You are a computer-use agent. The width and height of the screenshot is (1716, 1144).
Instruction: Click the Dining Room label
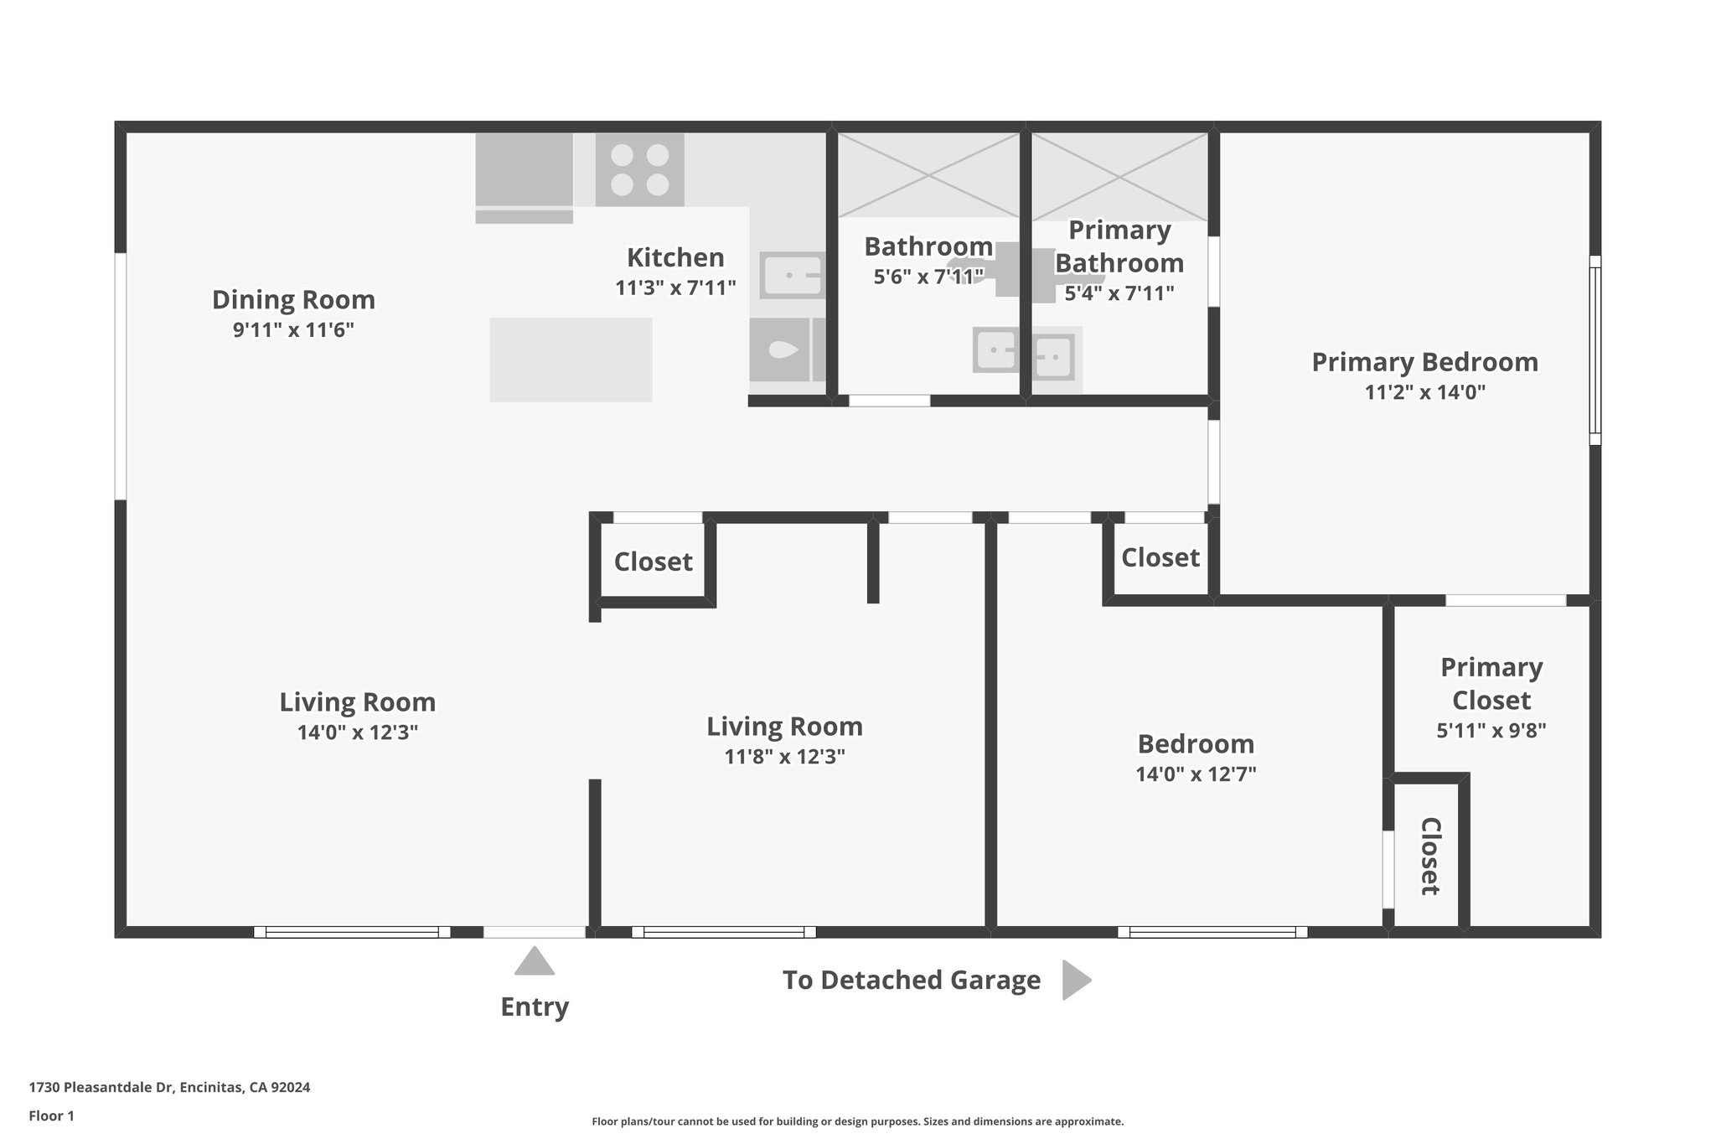point(293,299)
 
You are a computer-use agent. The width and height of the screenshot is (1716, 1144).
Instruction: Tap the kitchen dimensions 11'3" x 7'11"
point(675,288)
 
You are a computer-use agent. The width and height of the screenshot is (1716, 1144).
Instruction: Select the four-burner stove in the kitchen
point(639,169)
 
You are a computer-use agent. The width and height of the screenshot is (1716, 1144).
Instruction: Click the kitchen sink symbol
point(791,275)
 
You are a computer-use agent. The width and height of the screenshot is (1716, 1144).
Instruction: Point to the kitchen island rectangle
point(571,360)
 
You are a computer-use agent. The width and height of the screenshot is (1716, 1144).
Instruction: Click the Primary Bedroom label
point(1424,362)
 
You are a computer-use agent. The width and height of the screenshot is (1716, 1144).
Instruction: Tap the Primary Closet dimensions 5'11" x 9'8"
point(1491,730)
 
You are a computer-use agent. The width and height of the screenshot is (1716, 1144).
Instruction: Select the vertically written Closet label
point(1430,856)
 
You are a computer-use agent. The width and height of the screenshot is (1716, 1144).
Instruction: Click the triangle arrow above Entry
point(534,962)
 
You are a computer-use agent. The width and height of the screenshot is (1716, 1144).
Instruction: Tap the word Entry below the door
point(535,1007)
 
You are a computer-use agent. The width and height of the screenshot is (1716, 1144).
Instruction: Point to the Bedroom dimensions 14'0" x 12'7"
point(1196,774)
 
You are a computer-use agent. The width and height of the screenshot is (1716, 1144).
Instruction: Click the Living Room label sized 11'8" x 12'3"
point(784,726)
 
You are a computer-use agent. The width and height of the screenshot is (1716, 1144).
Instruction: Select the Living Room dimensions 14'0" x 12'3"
point(357,732)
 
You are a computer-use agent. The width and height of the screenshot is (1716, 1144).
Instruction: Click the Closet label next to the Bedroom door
point(1160,557)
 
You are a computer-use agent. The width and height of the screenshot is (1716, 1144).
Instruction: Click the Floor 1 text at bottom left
point(52,1116)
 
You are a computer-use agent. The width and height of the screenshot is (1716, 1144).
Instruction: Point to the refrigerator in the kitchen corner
point(525,170)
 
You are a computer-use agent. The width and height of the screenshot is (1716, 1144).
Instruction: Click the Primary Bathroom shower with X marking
point(1119,177)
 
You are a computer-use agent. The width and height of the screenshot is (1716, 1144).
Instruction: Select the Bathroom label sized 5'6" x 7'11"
point(928,246)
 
